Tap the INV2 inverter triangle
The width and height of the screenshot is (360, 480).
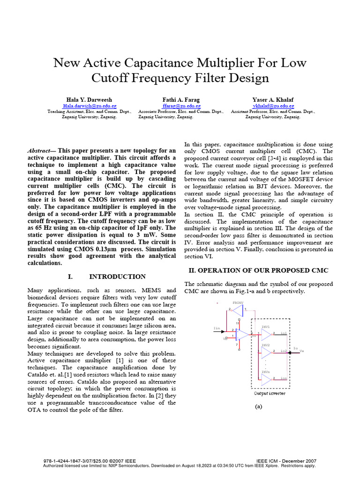[267, 352]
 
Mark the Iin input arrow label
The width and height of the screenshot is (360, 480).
[217, 329]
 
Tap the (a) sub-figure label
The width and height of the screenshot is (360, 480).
[259, 407]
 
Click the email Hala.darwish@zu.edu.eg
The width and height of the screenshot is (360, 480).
[90, 106]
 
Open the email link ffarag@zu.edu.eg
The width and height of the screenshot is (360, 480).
[181, 106]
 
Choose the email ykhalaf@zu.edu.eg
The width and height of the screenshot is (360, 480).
[272, 106]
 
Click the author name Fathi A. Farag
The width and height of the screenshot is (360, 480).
[181, 100]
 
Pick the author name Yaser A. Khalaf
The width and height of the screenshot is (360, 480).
[272, 100]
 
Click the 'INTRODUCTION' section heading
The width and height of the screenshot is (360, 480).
[117, 277]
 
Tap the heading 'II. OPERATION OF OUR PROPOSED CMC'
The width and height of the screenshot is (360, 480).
[258, 270]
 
